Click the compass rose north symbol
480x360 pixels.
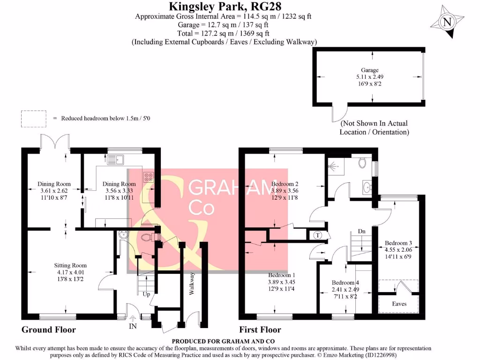pos(448,22)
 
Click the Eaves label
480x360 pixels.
pos(400,304)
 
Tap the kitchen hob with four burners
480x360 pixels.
pos(148,177)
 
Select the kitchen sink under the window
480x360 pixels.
pos(114,160)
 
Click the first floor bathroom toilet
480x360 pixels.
pos(361,163)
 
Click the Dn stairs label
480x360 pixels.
pos(361,232)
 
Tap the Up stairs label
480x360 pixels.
pos(147,294)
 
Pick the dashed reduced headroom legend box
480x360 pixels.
pos(34,118)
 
